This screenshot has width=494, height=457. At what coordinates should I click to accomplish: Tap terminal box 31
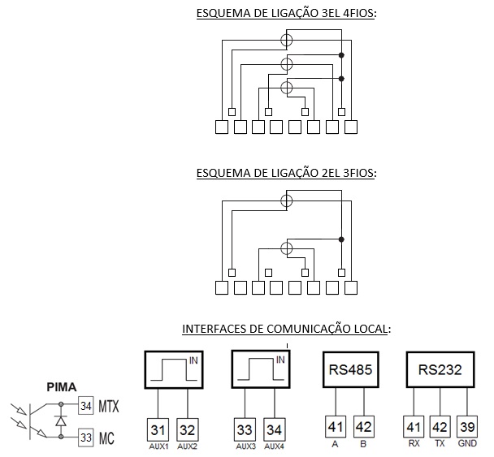(x=158, y=430)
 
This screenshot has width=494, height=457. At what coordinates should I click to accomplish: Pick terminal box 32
(x=188, y=430)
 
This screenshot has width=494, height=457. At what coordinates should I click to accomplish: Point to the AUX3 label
(x=245, y=446)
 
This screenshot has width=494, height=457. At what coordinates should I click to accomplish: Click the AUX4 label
(x=274, y=446)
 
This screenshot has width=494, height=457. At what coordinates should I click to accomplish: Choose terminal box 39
(x=467, y=427)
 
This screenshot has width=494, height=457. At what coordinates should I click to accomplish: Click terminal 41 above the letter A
(x=336, y=427)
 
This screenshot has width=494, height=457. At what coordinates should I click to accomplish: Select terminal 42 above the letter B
(x=364, y=427)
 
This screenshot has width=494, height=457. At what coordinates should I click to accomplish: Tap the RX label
(x=414, y=443)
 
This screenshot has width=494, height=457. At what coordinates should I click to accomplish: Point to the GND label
(x=467, y=443)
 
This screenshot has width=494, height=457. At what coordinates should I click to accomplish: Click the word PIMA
(x=62, y=387)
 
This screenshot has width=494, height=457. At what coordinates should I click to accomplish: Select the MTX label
(x=109, y=406)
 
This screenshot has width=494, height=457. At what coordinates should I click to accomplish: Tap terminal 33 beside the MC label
(x=85, y=438)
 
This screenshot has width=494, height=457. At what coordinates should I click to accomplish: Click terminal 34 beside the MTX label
(x=85, y=406)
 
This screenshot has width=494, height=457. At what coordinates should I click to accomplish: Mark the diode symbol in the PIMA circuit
(x=61, y=420)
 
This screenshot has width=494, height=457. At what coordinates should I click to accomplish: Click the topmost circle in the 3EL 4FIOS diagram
(x=286, y=34)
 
